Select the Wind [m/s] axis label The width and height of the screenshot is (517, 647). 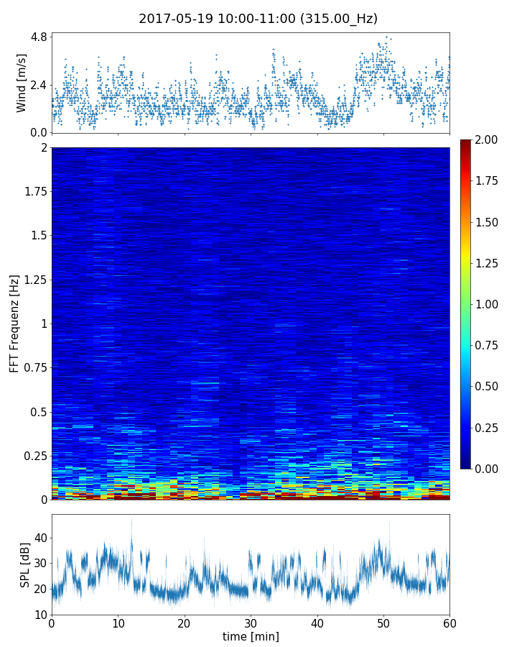click(x=22, y=83)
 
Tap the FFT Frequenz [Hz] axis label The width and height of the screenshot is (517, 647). click(x=14, y=323)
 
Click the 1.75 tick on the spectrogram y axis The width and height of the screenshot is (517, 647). click(x=35, y=192)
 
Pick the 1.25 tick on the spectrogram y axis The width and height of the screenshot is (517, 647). click(x=35, y=280)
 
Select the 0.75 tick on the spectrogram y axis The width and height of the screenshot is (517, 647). click(x=35, y=367)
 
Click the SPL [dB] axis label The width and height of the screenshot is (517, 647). click(x=24, y=564)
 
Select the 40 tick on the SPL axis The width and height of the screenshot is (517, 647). click(x=41, y=538)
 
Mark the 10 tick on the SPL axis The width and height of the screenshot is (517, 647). click(x=41, y=615)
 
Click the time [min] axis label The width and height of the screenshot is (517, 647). click(x=251, y=637)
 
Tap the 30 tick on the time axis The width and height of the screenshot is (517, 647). click(x=251, y=623)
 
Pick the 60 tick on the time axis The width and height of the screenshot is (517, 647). click(x=450, y=623)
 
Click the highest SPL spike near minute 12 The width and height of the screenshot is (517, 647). click(x=131, y=519)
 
